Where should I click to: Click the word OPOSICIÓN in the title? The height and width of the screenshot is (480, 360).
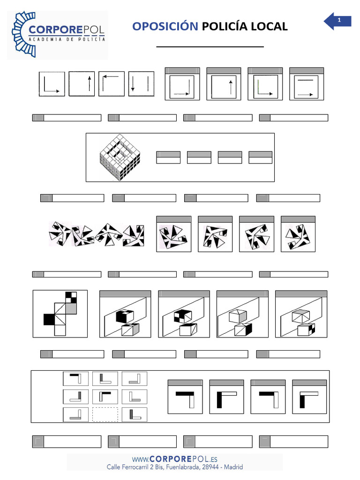(165, 26)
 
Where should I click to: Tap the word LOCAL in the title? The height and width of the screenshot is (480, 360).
(269, 27)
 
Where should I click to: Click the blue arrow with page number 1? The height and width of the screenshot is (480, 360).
(337, 21)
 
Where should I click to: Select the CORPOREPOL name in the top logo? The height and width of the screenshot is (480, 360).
(67, 30)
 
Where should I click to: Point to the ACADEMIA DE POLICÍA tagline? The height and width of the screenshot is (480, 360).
(67, 39)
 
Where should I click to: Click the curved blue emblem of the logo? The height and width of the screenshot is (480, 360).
(23, 34)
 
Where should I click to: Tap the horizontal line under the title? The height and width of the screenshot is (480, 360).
(210, 47)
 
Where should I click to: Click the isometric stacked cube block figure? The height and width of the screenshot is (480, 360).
(120, 157)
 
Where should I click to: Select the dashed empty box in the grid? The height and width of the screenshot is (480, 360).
(105, 414)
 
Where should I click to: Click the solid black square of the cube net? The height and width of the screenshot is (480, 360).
(49, 319)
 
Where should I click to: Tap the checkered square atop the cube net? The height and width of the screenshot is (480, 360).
(71, 297)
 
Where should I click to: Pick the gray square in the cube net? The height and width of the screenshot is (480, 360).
(71, 308)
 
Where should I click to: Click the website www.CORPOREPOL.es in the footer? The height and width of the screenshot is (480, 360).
(175, 459)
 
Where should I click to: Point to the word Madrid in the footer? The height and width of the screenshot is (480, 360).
(233, 467)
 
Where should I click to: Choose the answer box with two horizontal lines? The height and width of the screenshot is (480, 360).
(307, 84)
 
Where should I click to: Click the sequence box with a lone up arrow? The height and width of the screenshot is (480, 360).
(82, 84)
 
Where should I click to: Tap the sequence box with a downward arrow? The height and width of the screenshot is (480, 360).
(141, 84)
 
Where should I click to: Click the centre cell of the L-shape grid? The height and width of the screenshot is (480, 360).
(105, 397)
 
